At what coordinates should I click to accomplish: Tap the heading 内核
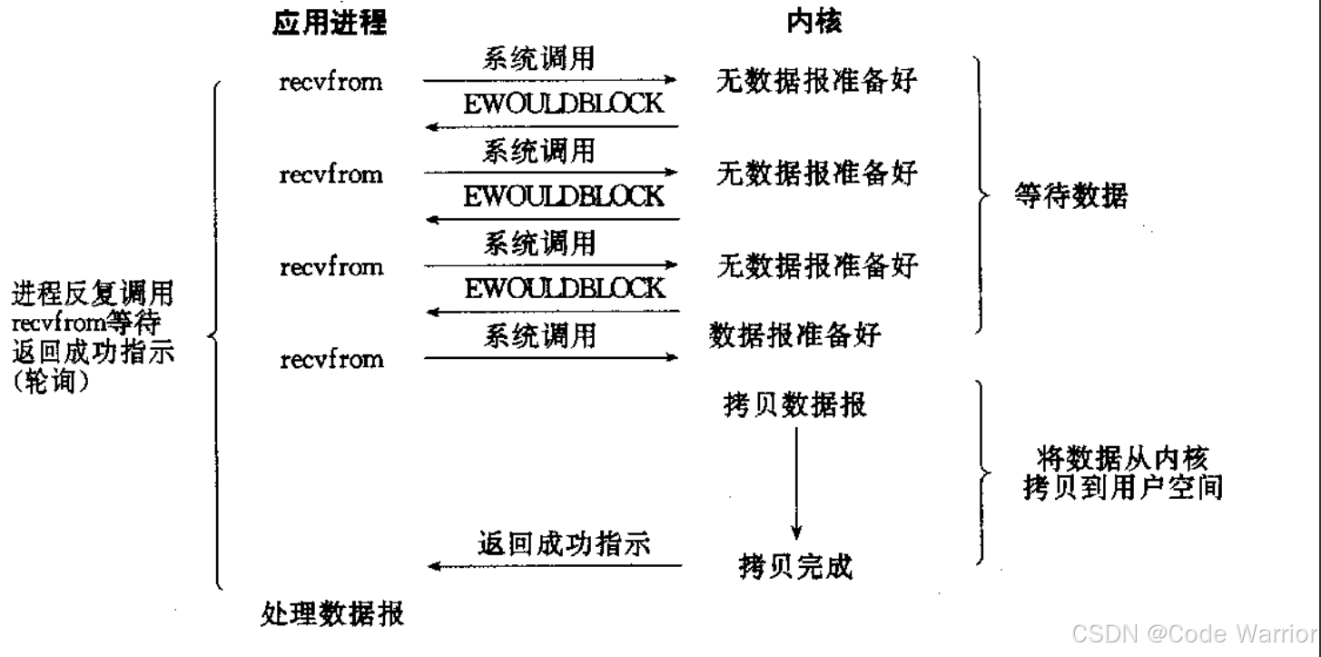[x=813, y=24]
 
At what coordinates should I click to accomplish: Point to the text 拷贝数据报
[x=792, y=404]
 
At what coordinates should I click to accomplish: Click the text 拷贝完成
[x=795, y=567]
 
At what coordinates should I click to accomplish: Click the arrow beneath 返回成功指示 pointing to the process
[x=554, y=566]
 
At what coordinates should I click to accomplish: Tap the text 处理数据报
[x=332, y=615]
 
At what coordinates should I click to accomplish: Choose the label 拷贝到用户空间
[x=1122, y=488]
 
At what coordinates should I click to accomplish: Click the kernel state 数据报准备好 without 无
[x=794, y=336]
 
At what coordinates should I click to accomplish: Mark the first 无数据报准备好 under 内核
[x=816, y=83]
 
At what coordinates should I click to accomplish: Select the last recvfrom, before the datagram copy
[x=330, y=359]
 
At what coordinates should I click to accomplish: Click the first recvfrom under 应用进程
[x=330, y=83]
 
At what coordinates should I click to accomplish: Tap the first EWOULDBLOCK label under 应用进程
[x=564, y=104]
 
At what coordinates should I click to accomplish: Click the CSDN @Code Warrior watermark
[x=1195, y=633]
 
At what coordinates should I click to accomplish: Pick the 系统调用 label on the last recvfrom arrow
[x=539, y=336]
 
